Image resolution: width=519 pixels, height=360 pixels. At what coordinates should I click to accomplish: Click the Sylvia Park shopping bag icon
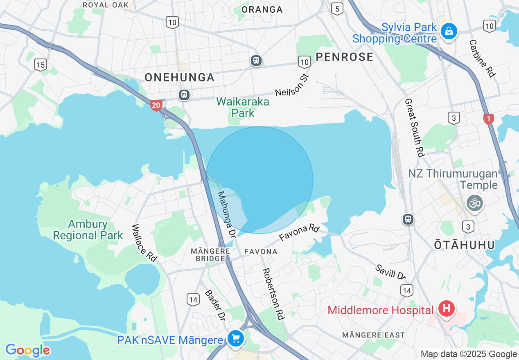449,31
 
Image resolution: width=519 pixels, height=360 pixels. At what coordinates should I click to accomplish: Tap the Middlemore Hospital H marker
446,308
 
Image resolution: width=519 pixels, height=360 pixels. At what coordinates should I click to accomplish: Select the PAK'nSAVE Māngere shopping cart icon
236,339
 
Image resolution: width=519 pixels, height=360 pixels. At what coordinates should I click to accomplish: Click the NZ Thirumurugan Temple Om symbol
475,202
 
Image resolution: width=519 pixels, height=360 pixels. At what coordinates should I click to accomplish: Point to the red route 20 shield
156,106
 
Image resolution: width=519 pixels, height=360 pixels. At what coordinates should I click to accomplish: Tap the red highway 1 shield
488,119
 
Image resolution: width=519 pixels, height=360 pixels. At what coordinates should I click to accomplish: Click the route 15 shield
40,65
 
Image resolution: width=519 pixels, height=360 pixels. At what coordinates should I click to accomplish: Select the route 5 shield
337,9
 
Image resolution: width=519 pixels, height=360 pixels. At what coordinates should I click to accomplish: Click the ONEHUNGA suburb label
180,77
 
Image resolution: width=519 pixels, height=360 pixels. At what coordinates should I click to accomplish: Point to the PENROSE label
345,57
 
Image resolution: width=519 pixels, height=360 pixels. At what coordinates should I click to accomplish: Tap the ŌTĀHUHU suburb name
464,245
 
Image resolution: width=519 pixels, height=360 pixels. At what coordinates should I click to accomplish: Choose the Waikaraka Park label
243,107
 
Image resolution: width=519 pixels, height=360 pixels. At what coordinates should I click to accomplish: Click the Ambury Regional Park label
88,229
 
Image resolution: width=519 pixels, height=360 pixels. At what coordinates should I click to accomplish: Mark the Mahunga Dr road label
227,215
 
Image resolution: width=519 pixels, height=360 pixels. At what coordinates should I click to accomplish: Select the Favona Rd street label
299,232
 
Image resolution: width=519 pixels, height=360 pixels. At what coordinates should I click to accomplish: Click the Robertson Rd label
273,293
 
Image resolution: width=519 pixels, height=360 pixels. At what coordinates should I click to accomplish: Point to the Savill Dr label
390,272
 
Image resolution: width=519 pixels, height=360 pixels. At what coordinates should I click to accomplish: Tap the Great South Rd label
414,128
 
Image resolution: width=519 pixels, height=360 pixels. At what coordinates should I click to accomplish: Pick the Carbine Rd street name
482,59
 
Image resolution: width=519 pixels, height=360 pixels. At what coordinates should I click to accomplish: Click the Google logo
28,350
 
